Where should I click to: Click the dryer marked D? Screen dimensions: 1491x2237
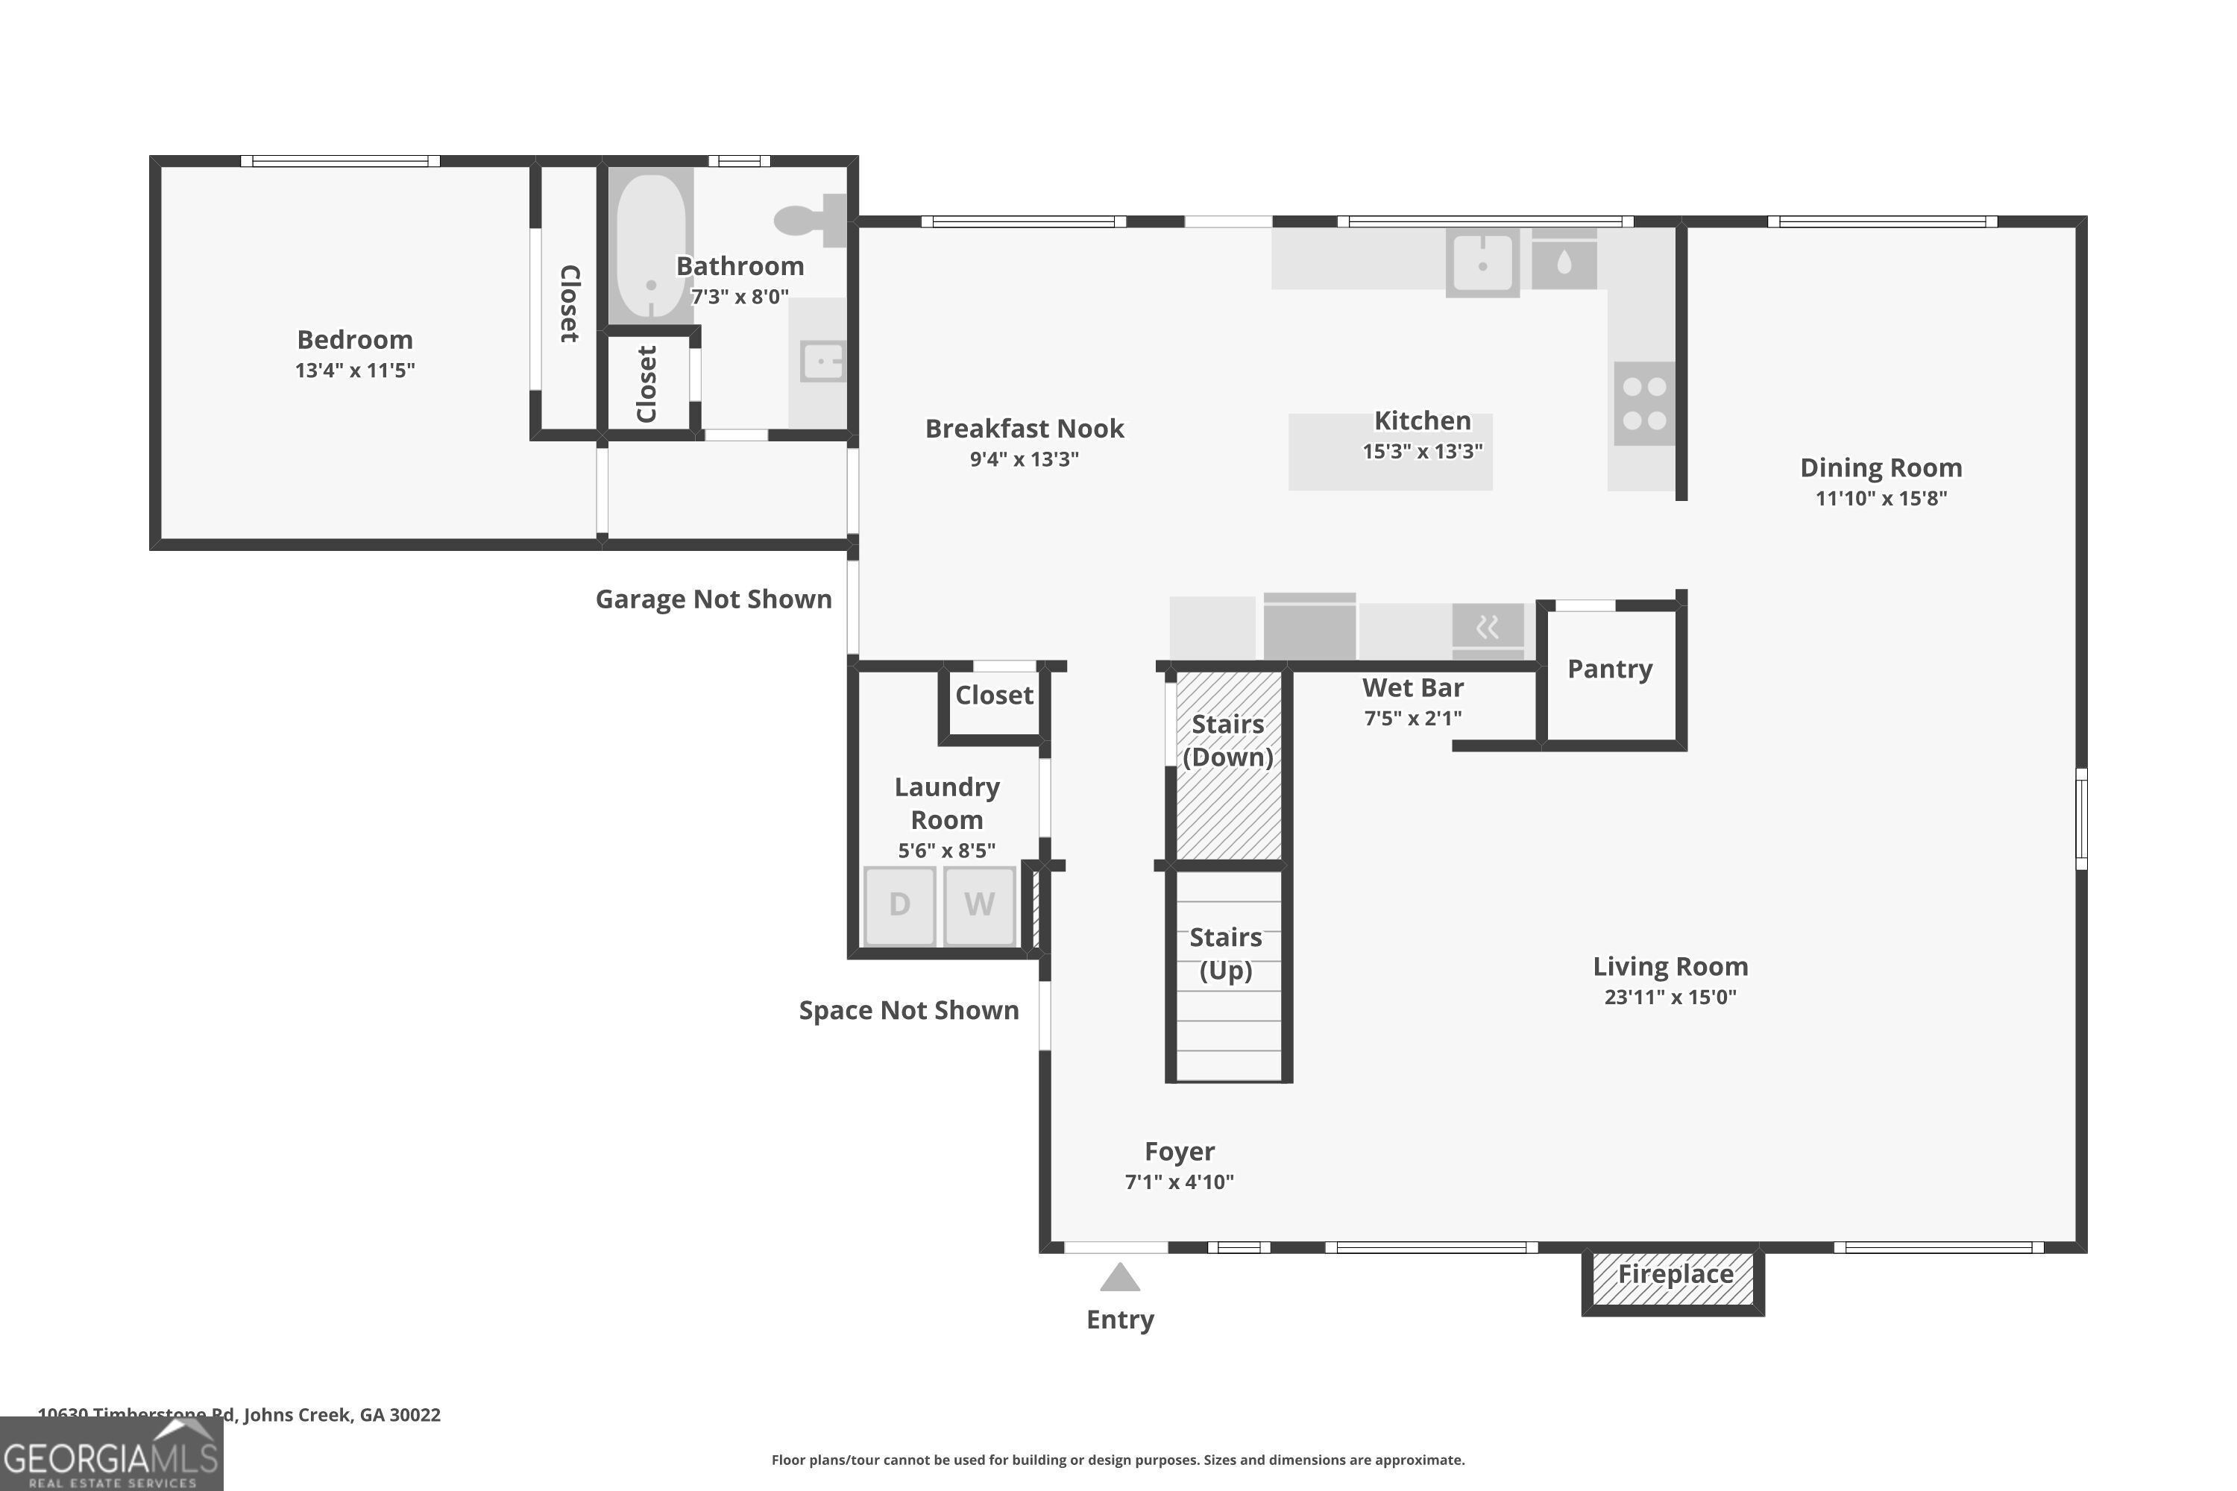[899, 904]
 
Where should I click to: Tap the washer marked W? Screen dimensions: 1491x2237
[978, 904]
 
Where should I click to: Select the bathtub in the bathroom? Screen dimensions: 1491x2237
[650, 246]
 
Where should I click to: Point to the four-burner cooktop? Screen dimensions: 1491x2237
[1643, 403]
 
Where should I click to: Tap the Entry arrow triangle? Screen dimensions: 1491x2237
[1119, 1278]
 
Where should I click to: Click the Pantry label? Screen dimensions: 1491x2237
[1609, 669]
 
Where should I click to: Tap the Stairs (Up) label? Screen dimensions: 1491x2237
[1225, 953]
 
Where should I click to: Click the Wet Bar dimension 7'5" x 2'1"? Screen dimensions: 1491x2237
[1412, 718]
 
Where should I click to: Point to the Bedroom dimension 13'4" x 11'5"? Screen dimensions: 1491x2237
[355, 370]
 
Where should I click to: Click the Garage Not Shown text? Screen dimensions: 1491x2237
[714, 599]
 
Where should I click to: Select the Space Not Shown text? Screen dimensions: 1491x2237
[908, 1010]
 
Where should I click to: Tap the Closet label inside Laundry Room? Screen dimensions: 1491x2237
[994, 695]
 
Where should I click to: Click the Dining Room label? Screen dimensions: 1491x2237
[1881, 468]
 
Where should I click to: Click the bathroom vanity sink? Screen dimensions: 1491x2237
[822, 362]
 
